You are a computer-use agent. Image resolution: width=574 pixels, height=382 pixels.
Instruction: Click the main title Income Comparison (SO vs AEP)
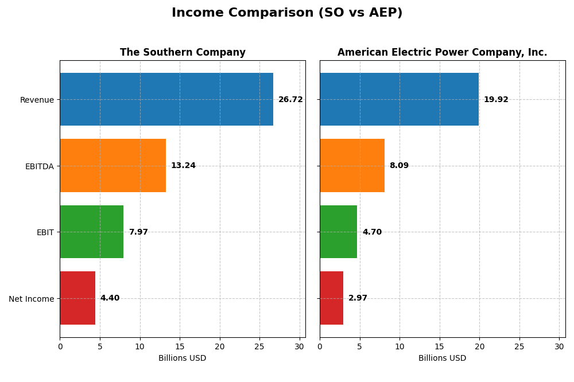287,13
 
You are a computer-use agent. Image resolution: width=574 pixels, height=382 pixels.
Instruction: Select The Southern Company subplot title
183,53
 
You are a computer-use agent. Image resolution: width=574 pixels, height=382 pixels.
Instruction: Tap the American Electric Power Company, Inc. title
442,53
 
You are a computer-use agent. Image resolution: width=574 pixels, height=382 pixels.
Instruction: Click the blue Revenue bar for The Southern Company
166,99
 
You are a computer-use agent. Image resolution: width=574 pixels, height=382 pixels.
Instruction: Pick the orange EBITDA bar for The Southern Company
113,165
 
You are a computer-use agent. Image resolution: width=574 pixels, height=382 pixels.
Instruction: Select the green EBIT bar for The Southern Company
91,232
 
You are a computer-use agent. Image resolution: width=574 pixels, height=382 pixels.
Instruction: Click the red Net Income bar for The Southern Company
77,298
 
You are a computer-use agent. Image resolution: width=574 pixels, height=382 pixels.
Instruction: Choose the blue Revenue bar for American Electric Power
399,99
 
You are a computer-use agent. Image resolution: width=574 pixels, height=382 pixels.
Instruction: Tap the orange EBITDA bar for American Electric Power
352,165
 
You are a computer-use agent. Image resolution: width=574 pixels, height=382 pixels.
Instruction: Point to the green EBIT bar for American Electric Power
338,232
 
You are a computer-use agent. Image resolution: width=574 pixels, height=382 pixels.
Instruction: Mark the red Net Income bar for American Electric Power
331,298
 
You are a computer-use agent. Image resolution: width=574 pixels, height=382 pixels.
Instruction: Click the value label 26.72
290,100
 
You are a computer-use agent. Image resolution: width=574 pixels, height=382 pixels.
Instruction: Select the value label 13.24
183,166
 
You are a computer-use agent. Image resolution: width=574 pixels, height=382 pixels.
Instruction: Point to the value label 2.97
358,298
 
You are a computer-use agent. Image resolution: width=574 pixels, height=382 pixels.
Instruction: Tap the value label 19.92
496,100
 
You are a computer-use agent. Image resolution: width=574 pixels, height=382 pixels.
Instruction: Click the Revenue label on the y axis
37,100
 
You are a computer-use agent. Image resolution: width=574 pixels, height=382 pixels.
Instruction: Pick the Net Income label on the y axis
31,299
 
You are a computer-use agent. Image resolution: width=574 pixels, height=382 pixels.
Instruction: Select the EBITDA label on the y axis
39,166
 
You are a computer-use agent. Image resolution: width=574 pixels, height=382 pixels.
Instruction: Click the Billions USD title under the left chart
183,358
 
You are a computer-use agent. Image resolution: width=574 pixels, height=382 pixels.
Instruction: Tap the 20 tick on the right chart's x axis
479,346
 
